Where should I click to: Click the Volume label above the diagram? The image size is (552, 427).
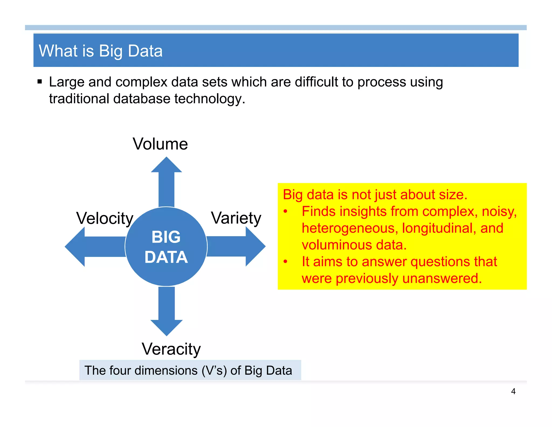coord(160,144)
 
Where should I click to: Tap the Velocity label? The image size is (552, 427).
coord(105,218)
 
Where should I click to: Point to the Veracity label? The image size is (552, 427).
coord(171,349)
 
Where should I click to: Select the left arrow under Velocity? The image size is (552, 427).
coord(92,246)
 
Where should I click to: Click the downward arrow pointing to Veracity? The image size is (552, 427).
coord(167,313)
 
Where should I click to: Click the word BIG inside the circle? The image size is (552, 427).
coord(166,237)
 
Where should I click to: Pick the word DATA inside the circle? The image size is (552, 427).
coord(166,257)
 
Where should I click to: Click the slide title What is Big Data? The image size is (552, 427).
coord(101,51)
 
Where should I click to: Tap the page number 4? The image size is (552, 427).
coord(513,391)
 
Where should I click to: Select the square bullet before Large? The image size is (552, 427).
coord(40,82)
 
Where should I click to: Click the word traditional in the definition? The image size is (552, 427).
coord(79,99)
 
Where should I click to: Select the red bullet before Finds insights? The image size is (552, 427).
coord(285,212)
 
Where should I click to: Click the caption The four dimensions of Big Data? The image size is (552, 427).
coord(188,370)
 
